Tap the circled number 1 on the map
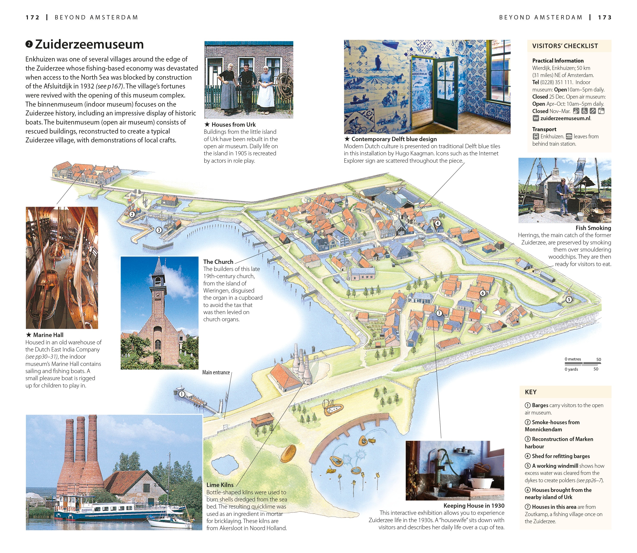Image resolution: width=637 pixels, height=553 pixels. click(182, 394)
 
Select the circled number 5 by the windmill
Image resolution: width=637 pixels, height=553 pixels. click(569, 299)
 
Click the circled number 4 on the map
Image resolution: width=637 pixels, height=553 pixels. click(437, 223)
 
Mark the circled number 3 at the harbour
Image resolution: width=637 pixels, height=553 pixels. click(159, 230)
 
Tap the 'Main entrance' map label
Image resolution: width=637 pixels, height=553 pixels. click(216, 372)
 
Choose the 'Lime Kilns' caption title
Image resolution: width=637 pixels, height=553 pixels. click(220, 485)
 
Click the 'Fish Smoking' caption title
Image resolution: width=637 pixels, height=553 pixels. click(593, 228)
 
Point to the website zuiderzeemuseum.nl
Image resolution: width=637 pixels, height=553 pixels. click(565, 118)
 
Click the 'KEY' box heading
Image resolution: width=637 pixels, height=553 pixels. click(531, 392)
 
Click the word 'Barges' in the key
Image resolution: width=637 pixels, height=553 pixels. click(540, 405)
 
